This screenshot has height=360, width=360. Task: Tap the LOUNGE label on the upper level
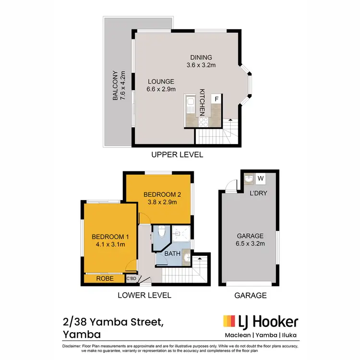(x=160, y=81)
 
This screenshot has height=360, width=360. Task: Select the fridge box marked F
(x=216, y=99)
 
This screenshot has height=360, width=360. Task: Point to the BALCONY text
(x=115, y=86)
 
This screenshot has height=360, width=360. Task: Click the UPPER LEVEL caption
(x=177, y=155)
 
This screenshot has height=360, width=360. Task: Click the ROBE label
(x=104, y=278)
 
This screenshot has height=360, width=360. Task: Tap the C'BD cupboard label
(x=131, y=278)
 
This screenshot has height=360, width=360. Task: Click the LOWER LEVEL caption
(x=144, y=295)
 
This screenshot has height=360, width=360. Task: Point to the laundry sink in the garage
(x=249, y=180)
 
